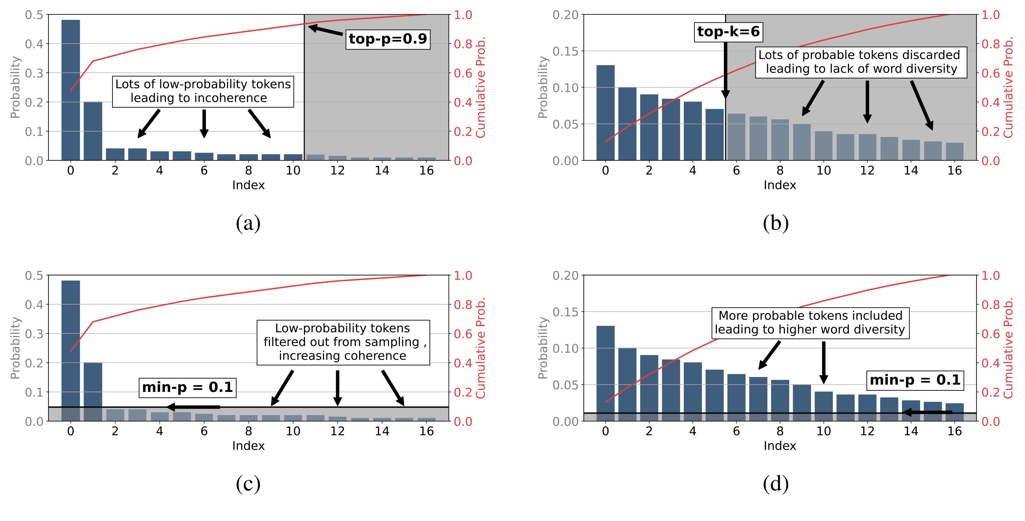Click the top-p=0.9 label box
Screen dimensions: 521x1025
pyautogui.click(x=388, y=39)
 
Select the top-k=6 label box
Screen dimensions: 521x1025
pyautogui.click(x=728, y=31)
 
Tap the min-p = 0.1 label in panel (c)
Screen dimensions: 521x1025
pyautogui.click(x=187, y=387)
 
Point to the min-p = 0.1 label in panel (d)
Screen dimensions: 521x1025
pyautogui.click(x=915, y=380)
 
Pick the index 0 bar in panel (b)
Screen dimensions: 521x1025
pyautogui.click(x=605, y=113)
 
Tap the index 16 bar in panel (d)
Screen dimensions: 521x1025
pyautogui.click(x=955, y=412)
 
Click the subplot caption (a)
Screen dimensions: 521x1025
pyautogui.click(x=248, y=223)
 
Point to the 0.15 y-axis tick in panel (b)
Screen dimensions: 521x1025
pyautogui.click(x=565, y=51)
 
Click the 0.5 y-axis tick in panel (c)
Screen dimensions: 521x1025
pyautogui.click(x=34, y=276)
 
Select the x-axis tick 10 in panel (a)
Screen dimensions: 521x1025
pyautogui.click(x=293, y=171)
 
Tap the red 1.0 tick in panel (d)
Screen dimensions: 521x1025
pyautogui.click(x=990, y=276)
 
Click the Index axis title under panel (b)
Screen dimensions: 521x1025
pyautogui.click(x=780, y=185)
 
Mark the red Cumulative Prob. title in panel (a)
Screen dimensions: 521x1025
pyautogui.click(x=481, y=87)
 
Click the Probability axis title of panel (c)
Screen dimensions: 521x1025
pyautogui.click(x=15, y=348)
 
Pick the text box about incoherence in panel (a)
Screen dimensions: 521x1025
pyautogui.click(x=203, y=92)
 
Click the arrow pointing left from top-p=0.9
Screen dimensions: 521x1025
pyautogui.click(x=325, y=31)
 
